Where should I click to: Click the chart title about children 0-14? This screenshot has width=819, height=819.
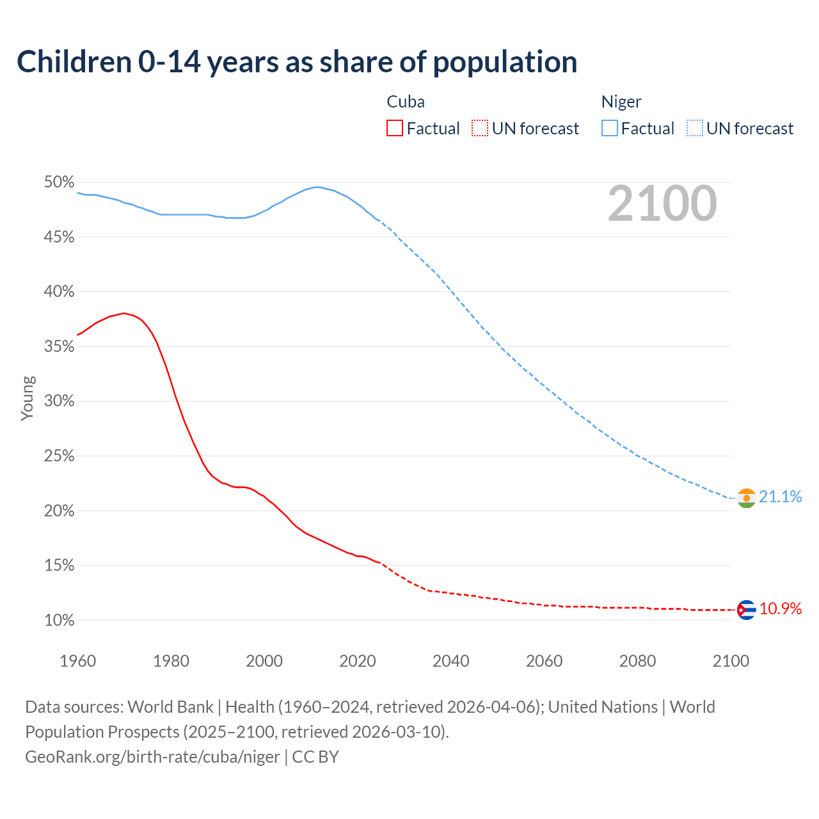[297, 62]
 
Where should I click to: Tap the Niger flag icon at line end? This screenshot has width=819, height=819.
[747, 498]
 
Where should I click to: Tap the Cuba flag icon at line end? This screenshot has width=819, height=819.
[747, 610]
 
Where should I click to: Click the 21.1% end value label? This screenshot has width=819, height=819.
[781, 497]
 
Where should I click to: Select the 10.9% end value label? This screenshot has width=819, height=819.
[781, 608]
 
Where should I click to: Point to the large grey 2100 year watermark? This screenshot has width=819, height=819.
[662, 203]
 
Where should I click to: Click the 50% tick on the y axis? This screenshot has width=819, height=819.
[60, 182]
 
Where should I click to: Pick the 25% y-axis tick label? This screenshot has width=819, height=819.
[60, 456]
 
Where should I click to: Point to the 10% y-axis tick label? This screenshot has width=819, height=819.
[60, 620]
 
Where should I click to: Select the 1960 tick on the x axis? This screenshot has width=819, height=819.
[78, 661]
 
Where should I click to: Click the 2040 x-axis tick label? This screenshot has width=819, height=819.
[451, 661]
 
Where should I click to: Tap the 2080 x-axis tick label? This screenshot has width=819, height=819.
[637, 661]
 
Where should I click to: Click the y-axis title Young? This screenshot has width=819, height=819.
[28, 398]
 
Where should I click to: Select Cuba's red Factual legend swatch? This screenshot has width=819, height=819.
[395, 129]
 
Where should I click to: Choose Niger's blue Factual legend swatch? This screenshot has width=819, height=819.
[609, 129]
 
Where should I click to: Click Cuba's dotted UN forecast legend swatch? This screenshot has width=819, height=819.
[480, 129]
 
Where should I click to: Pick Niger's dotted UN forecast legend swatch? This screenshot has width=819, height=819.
[694, 129]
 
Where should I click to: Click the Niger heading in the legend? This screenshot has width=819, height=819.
[621, 102]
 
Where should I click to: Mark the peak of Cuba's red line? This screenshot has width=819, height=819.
[124, 313]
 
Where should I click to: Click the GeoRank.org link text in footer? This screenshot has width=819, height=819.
[152, 757]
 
